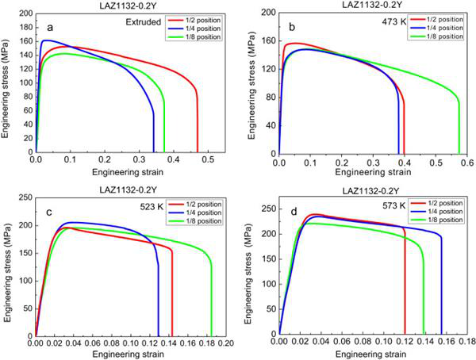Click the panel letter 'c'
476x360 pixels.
pos(49,212)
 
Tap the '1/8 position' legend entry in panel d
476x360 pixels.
pos(440,220)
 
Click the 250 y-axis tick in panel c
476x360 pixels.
pos(25,194)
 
